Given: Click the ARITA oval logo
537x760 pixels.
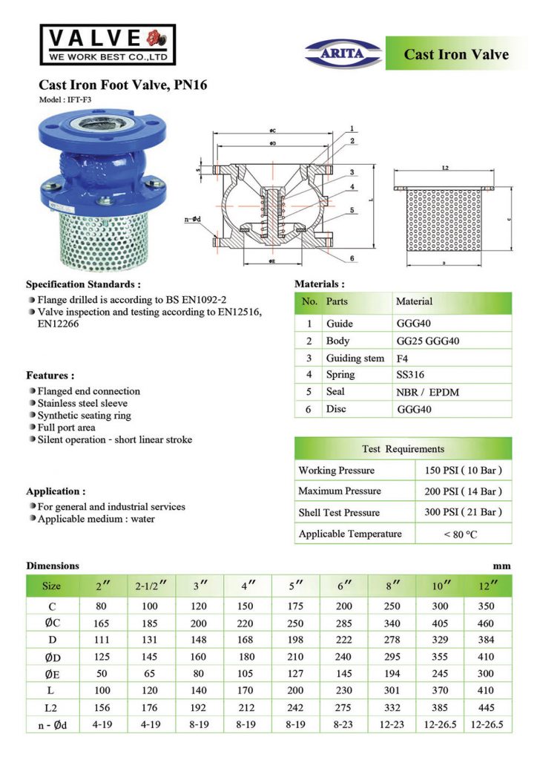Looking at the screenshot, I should pos(344,53).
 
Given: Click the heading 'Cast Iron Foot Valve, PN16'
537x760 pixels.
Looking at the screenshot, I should pos(122,85).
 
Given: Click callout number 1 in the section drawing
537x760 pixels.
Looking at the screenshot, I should pos(352,128).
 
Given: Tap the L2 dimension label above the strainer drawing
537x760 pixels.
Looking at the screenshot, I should pos(445,168).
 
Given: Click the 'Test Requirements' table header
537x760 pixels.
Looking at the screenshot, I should pos(403,448).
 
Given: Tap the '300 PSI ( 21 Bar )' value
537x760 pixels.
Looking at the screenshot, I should pos(463,512).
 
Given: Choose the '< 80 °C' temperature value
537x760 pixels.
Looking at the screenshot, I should pos(463,534).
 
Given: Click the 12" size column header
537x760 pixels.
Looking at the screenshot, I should pos(486,585).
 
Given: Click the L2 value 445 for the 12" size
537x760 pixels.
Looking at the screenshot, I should pos(486,707).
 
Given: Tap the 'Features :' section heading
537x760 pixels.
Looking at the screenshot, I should pos(50,376).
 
